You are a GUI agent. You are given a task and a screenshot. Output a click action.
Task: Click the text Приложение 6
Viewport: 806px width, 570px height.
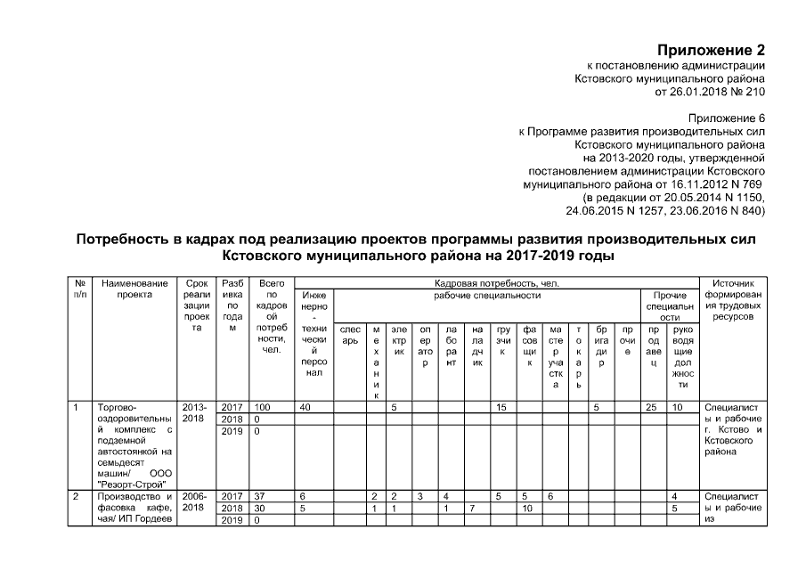[727, 118]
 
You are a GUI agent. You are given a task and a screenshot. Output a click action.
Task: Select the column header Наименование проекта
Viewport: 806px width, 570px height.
[134, 288]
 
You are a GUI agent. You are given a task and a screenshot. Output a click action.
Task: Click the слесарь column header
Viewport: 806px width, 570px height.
[350, 334]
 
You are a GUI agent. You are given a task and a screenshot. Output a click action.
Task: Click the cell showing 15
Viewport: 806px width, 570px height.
[501, 407]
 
